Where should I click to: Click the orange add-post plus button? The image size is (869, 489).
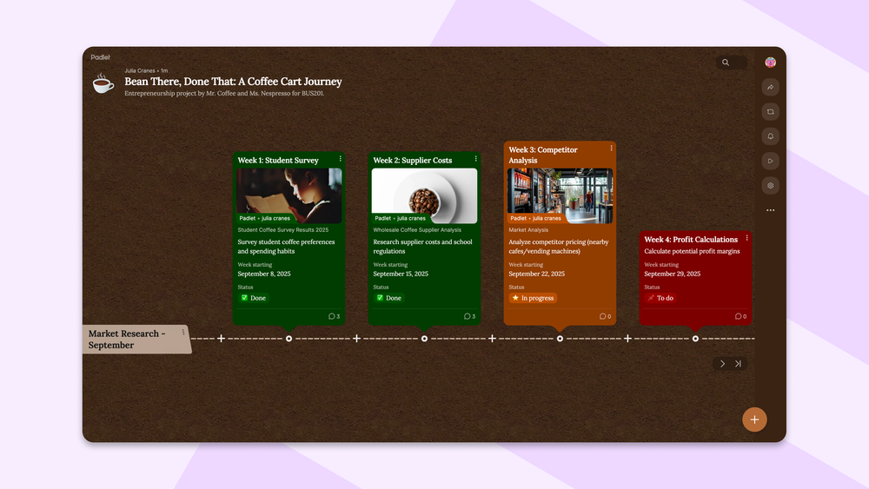pos(754,420)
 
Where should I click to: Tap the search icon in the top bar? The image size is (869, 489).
pos(726,63)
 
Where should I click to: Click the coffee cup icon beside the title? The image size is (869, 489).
pos(103,83)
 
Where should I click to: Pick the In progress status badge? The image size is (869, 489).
pos(533,298)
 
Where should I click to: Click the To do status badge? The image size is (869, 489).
pos(660,298)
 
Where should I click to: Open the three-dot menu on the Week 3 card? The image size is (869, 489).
pos(611,149)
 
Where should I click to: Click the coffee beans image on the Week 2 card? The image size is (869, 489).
pos(424,195)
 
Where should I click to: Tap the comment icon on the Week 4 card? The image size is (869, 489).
pos(739,317)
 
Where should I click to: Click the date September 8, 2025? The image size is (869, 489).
pos(264,274)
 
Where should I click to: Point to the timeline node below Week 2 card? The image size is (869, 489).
pos(424,339)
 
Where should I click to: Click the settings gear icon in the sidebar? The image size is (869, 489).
pos(770,186)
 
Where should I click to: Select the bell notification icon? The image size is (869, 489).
pos(770,136)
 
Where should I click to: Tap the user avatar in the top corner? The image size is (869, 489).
pos(770,63)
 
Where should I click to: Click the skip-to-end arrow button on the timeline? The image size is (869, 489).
pos(738,364)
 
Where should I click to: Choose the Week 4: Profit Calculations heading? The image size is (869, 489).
pos(691,240)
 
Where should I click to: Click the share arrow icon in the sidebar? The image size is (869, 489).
pos(770,87)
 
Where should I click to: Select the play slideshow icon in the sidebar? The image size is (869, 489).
pos(770,161)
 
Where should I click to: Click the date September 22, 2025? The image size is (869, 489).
pos(537,274)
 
